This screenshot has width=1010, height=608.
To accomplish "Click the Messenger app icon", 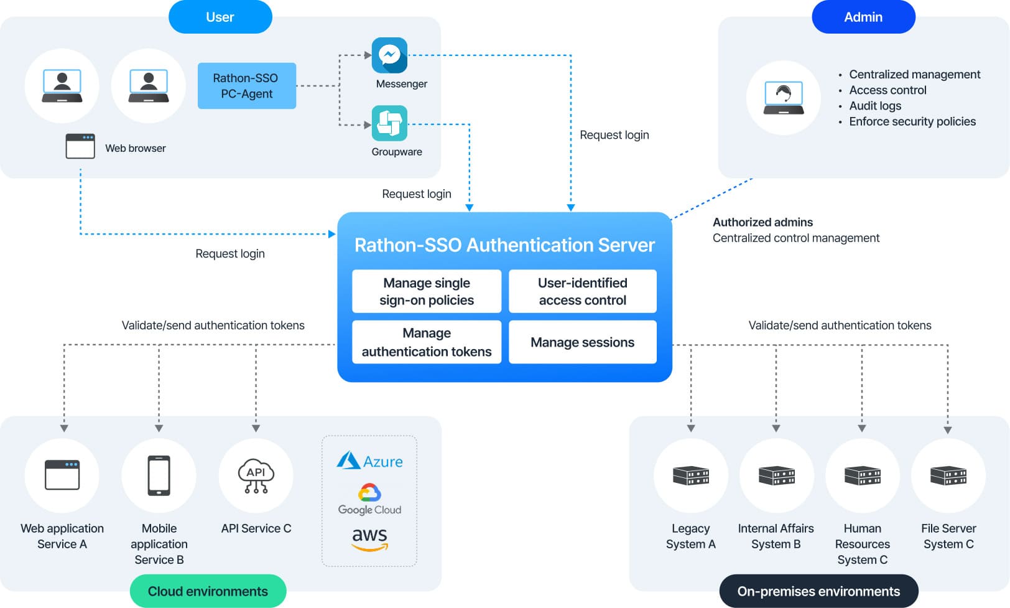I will (389, 55).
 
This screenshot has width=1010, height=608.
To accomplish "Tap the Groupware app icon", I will (389, 123).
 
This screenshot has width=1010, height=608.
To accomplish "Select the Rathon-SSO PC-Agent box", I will (246, 86).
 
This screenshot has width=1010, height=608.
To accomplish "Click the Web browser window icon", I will (80, 146).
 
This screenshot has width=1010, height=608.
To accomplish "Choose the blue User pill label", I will (220, 17).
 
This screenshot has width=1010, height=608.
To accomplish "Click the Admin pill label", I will (863, 17).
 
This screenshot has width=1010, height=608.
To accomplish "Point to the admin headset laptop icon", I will (784, 98).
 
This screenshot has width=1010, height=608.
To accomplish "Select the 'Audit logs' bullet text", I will (875, 106).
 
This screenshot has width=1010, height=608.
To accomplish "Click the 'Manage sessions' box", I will (582, 342).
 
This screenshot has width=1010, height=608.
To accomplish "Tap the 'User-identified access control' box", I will (582, 291).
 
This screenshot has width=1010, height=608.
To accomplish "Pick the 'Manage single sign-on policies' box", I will (427, 291).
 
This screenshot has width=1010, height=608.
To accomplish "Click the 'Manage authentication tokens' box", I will (427, 342).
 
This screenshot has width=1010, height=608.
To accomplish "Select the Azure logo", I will (369, 461).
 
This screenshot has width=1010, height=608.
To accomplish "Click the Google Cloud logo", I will (369, 500).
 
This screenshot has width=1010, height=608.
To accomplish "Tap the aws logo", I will (369, 539).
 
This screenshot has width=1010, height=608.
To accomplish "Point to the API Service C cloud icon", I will (256, 476).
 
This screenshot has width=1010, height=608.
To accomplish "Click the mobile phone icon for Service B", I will (159, 476).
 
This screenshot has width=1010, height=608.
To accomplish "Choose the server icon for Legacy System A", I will (690, 476).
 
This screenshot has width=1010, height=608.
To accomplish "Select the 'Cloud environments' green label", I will (208, 591).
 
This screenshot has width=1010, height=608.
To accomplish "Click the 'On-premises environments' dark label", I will (818, 591).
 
